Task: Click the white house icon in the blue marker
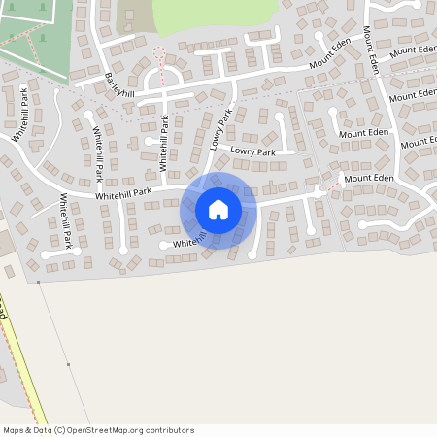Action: (218, 210)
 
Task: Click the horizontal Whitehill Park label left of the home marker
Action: (123, 196)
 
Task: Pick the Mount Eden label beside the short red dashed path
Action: (369, 179)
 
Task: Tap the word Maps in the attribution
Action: (14, 430)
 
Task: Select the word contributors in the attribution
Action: (170, 430)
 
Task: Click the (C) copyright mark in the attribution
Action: (60, 430)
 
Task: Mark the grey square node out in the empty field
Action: (68, 364)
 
